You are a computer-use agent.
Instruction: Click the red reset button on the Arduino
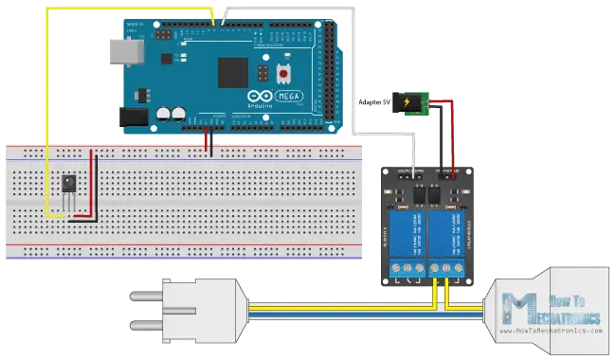[x=283, y=73]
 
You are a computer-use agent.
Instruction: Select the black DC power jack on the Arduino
[x=132, y=117]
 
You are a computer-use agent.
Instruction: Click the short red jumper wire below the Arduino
[x=208, y=144]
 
